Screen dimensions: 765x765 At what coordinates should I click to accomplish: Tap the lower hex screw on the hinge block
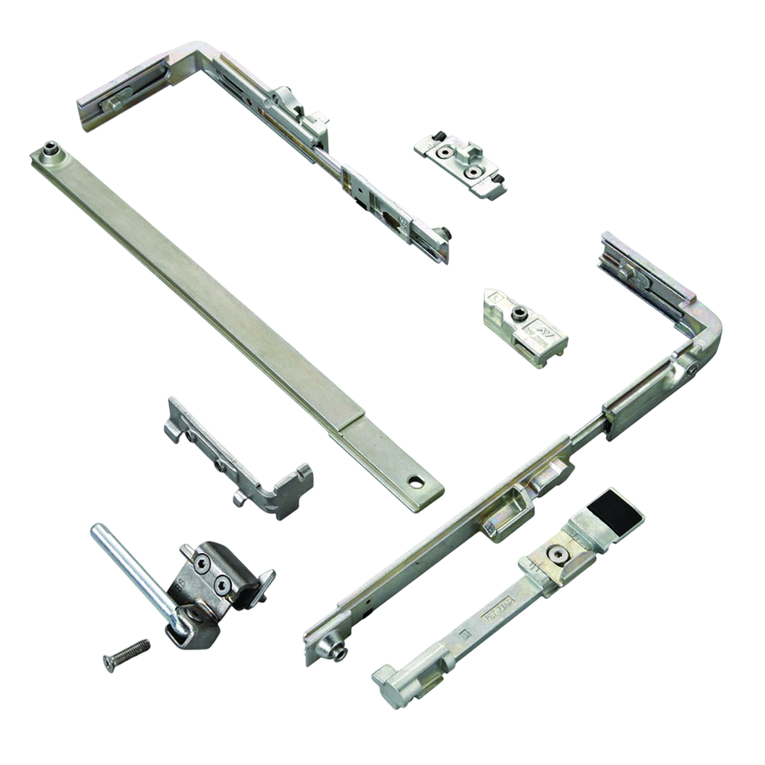pyautogui.click(x=222, y=585)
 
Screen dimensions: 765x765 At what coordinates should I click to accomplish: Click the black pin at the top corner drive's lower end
pyautogui.click(x=444, y=233)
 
